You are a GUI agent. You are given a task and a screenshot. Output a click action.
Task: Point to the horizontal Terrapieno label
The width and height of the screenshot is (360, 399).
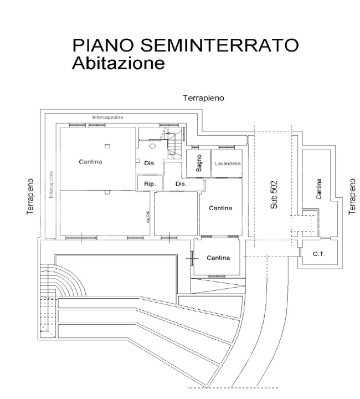coord(204,98)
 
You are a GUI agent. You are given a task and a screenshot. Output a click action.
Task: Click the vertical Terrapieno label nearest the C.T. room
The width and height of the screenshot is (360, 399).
coord(353,196)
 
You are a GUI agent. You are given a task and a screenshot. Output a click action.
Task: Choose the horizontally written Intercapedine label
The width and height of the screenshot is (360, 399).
coord(107,117)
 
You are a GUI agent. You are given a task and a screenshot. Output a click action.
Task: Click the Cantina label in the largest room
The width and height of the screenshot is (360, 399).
coord(91,162)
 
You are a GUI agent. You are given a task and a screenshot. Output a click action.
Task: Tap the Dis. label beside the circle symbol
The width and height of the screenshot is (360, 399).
coord(151,164)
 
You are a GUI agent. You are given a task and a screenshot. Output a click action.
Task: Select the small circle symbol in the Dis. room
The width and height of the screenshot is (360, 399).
coord(152,146)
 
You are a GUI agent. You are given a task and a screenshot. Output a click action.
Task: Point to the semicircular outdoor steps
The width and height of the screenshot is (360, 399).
coord(61,280)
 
